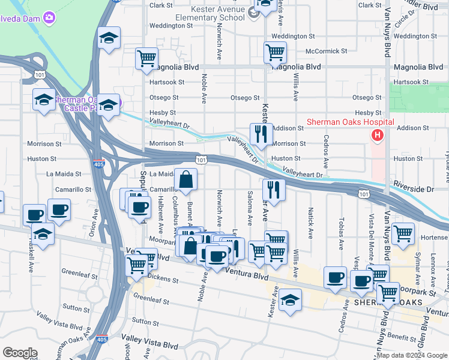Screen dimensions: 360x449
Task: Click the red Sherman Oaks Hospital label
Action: (x=350, y=122)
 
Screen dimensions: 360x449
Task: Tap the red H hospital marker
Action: (x=377, y=136)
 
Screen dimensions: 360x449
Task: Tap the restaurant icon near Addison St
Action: (x=261, y=133)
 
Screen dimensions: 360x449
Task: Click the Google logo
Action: (x=20, y=353)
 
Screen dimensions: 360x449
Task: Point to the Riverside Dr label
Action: (x=414, y=188)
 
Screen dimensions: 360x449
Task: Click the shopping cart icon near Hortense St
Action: (x=402, y=233)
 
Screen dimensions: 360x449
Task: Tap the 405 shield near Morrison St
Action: (x=98, y=163)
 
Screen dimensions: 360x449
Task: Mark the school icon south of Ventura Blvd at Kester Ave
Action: (x=291, y=300)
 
